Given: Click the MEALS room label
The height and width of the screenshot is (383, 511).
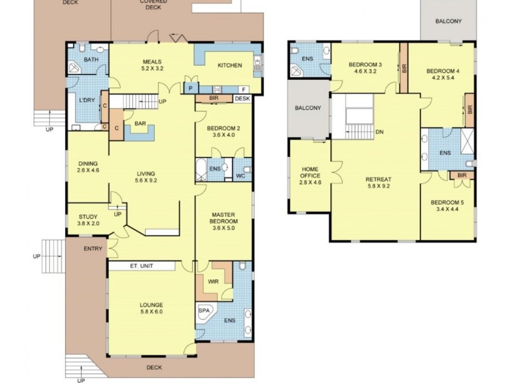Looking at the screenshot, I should pyautogui.click(x=151, y=61).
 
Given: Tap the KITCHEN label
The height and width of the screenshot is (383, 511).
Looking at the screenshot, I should pyautogui.click(x=229, y=65).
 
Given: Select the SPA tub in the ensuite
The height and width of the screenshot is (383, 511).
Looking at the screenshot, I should pyautogui.click(x=204, y=311).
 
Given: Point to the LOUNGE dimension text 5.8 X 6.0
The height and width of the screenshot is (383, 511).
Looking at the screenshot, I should pyautogui.click(x=151, y=313).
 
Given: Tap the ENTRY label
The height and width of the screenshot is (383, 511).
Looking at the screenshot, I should pyautogui.click(x=93, y=248).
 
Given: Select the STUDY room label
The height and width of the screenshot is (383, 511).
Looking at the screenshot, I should pyautogui.click(x=88, y=216).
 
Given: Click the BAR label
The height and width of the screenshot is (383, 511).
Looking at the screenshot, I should pyautogui.click(x=138, y=123).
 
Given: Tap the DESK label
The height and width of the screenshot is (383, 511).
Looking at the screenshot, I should pyautogui.click(x=242, y=99).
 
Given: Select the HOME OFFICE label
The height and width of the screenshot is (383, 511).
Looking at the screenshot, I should pyautogui.click(x=310, y=172).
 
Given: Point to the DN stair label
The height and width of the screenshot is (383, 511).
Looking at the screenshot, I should pyautogui.click(x=379, y=132).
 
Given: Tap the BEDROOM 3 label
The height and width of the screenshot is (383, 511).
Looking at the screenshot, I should pyautogui.click(x=365, y=65).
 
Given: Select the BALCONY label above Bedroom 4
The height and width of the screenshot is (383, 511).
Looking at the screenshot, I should pyautogui.click(x=448, y=21).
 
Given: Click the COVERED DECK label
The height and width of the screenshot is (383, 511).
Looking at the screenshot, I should pyautogui.click(x=153, y=5).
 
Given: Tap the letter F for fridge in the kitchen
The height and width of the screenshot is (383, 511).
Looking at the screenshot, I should pyautogui.click(x=244, y=88).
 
